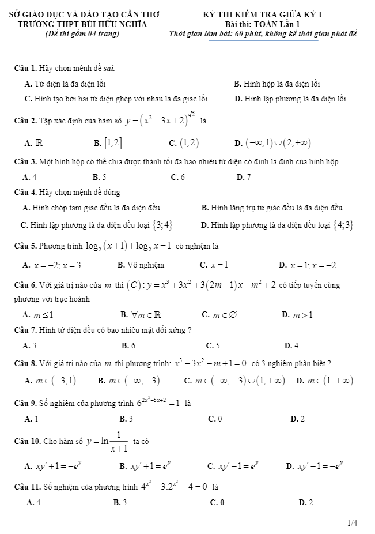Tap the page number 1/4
352,524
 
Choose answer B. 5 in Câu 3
99,177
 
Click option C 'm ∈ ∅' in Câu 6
215,315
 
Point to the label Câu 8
26,363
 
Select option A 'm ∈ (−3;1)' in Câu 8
50,381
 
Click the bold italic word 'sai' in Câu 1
110,69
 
